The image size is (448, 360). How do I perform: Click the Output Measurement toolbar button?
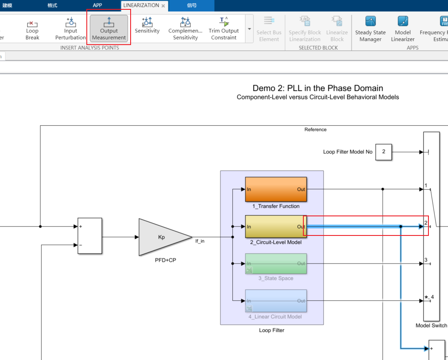109,28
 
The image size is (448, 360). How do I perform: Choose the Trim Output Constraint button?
224,28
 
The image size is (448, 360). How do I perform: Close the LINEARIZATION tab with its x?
163,6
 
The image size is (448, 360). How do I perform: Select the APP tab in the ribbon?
97,6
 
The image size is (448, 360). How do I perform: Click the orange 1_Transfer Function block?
276,189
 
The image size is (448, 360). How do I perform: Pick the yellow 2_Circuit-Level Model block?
276,227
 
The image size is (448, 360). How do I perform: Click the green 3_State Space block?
276,264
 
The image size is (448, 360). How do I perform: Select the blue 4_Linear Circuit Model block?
276,301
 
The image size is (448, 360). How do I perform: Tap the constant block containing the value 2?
383,152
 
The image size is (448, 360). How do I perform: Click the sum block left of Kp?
90,236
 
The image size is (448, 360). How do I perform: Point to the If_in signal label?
200,241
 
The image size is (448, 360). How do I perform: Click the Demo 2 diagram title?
318,88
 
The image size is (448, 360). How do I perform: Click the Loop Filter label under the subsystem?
271,330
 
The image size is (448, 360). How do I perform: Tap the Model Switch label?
431,326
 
